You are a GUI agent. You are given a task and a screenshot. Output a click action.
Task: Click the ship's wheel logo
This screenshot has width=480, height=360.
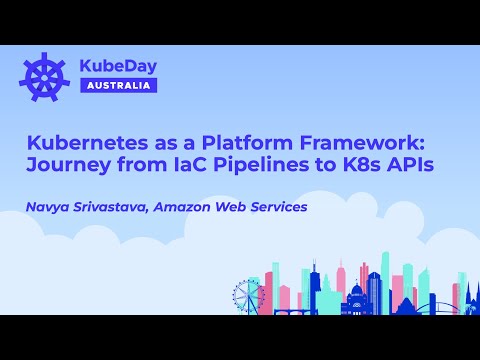pyautogui.click(x=42, y=75)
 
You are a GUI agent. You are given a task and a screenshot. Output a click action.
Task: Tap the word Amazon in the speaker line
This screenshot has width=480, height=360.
pyautogui.click(x=202, y=207)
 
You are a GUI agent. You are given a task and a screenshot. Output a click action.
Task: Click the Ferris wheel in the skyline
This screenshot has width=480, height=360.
pyautogui.click(x=245, y=294)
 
